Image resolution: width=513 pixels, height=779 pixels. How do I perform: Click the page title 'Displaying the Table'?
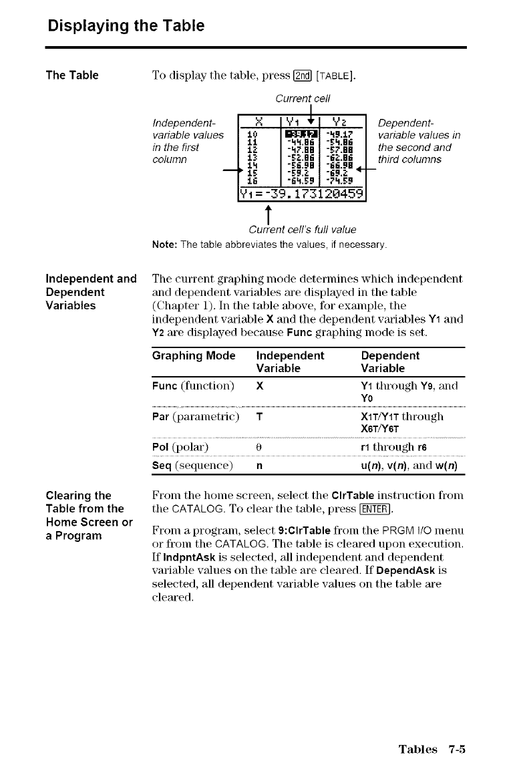point(126,27)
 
